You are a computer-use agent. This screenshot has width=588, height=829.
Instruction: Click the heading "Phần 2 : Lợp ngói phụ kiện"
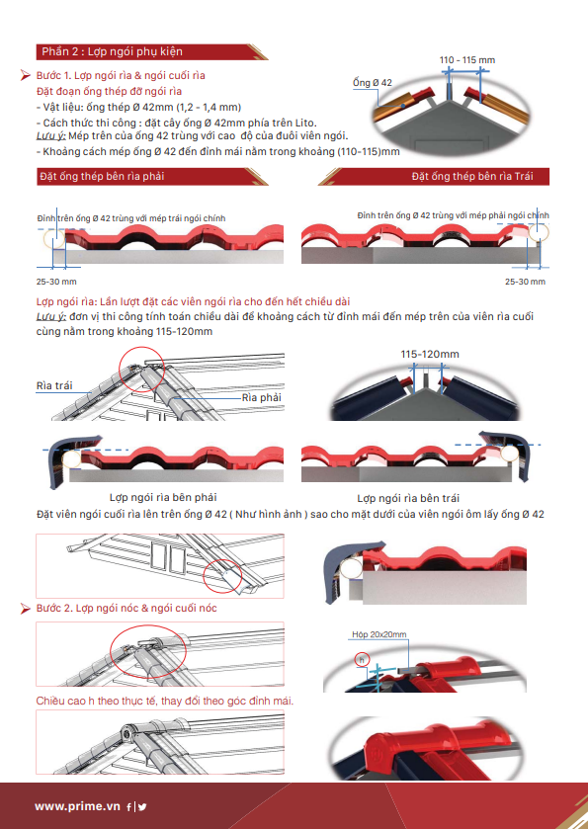(x=112, y=51)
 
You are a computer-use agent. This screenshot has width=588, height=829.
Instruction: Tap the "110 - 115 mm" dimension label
(x=466, y=60)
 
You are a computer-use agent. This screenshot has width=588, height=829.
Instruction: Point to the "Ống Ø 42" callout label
(x=373, y=82)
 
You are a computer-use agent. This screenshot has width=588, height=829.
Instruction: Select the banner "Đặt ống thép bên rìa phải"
(x=102, y=176)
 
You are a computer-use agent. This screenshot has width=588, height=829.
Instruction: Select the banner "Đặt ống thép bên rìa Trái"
(x=472, y=176)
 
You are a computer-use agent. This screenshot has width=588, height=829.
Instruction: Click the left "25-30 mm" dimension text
(x=56, y=282)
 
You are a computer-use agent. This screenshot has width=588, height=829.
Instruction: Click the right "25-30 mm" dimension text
(x=525, y=282)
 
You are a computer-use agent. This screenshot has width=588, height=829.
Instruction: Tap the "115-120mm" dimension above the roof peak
(x=429, y=355)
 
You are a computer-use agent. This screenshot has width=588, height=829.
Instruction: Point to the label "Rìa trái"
(x=54, y=385)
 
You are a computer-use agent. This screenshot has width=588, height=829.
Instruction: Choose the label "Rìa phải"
(x=261, y=397)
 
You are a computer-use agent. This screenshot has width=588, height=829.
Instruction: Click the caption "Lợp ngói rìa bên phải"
(x=163, y=498)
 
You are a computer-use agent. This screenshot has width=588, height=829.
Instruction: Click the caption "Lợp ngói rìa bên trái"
(x=408, y=498)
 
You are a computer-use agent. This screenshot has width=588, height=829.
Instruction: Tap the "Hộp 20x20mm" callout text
(x=379, y=634)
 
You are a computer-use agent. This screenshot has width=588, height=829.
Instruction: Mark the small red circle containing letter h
(x=362, y=660)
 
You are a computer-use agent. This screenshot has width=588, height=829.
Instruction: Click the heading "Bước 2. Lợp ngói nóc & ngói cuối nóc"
(x=126, y=608)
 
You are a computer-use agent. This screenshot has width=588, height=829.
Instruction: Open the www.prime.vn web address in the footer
(x=77, y=806)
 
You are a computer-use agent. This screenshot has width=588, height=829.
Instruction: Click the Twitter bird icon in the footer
(x=142, y=807)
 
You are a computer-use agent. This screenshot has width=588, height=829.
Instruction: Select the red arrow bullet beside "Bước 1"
(x=25, y=76)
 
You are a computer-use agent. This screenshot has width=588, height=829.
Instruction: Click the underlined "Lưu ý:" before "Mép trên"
(x=50, y=136)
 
